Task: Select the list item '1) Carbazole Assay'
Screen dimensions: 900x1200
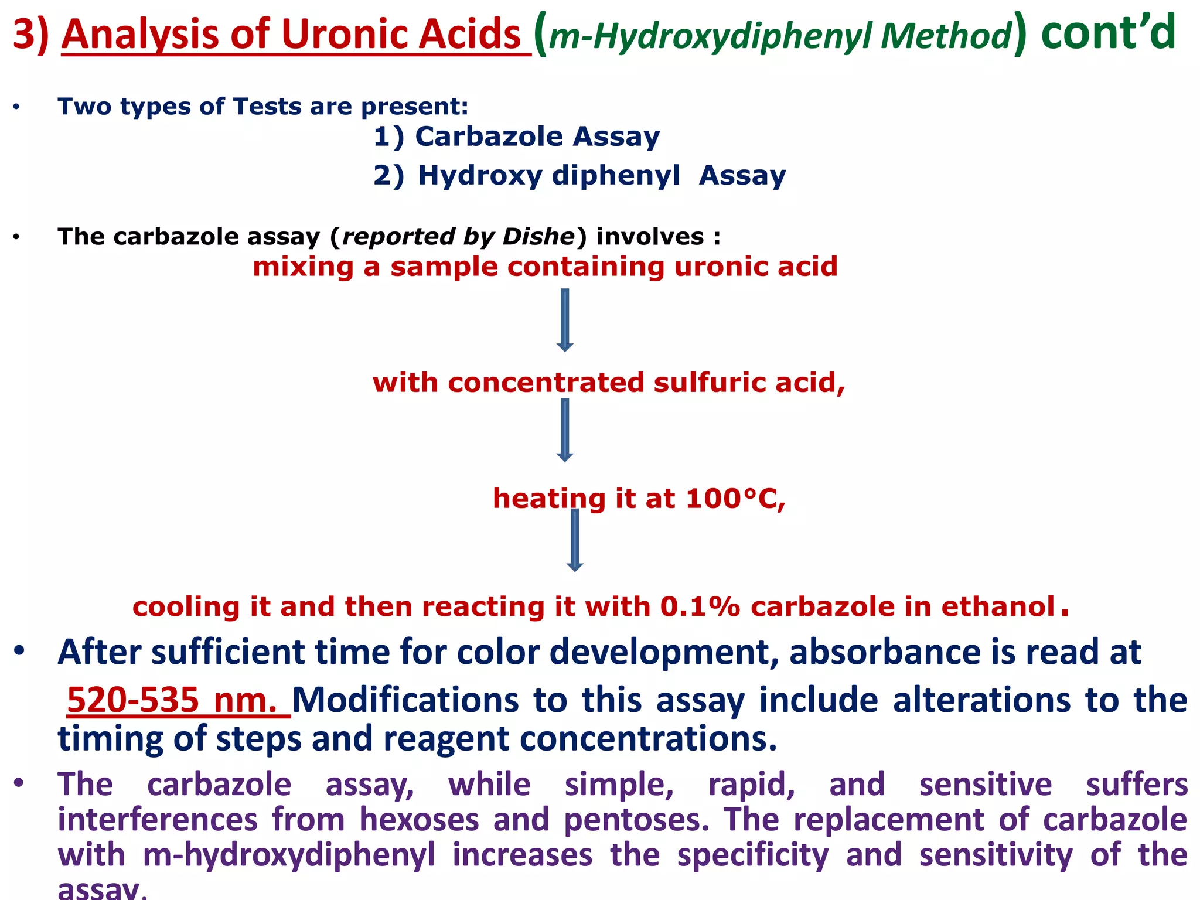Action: click(x=516, y=137)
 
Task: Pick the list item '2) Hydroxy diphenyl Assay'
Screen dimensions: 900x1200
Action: click(x=579, y=176)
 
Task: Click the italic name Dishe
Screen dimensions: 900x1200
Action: click(x=538, y=237)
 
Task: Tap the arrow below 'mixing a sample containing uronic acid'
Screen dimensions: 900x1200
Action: click(x=565, y=320)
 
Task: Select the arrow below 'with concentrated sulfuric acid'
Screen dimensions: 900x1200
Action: click(x=565, y=430)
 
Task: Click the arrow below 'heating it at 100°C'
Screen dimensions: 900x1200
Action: click(x=575, y=540)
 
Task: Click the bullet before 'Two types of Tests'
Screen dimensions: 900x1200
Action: click(x=18, y=108)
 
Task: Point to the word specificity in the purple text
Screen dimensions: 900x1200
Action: click(x=753, y=855)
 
